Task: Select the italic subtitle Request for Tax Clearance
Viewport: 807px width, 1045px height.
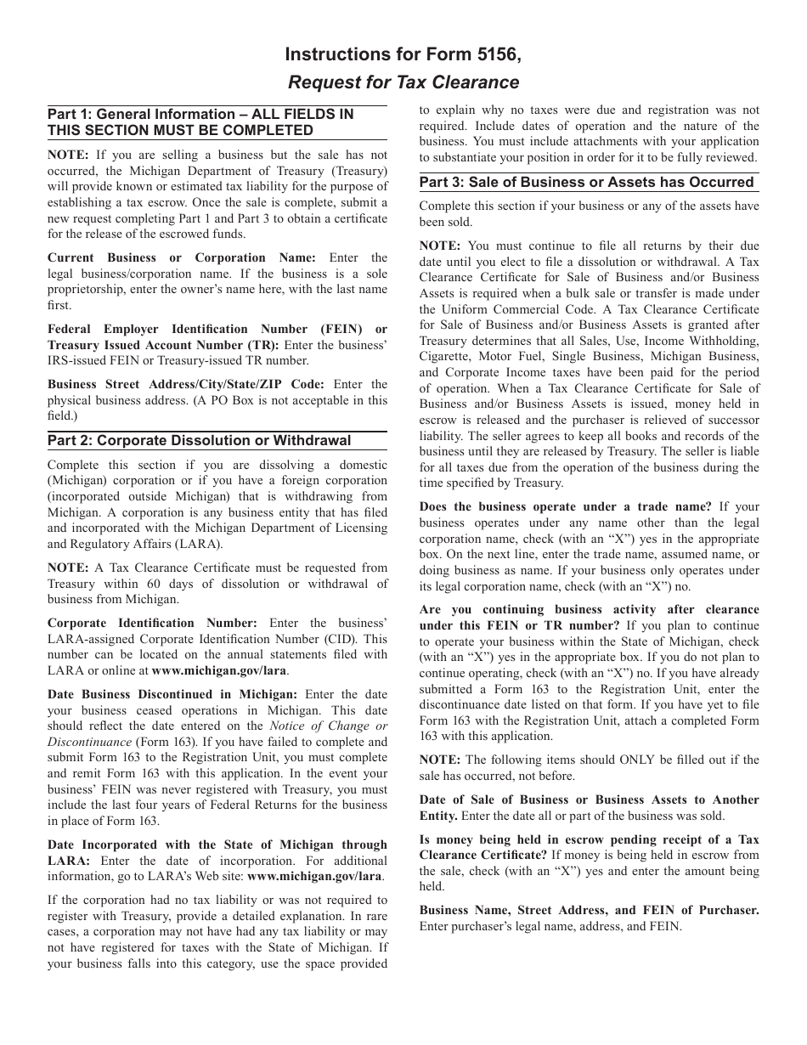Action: tap(403, 82)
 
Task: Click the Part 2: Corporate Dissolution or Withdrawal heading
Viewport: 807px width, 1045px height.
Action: tap(199, 440)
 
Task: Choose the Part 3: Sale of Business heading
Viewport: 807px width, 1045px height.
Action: tap(586, 182)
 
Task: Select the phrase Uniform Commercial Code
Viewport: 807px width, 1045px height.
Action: tap(516, 309)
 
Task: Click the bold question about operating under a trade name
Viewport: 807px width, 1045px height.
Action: tap(565, 506)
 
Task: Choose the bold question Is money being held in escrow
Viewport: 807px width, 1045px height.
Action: tap(589, 839)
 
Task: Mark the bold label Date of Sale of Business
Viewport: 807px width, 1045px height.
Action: tap(589, 799)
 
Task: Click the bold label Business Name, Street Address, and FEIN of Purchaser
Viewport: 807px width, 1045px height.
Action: tap(589, 910)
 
